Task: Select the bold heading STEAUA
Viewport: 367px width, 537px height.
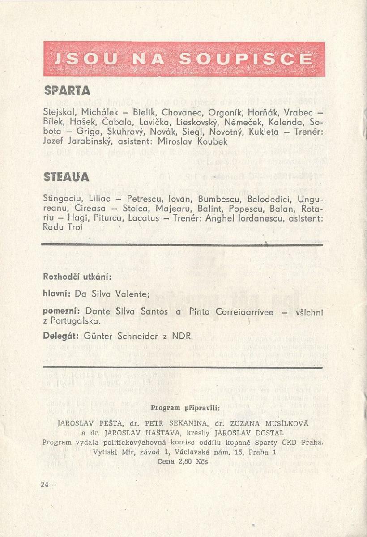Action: (66, 178)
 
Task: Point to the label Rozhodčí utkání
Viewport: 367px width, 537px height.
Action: (77, 277)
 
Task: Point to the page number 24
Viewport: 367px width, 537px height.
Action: (44, 484)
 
